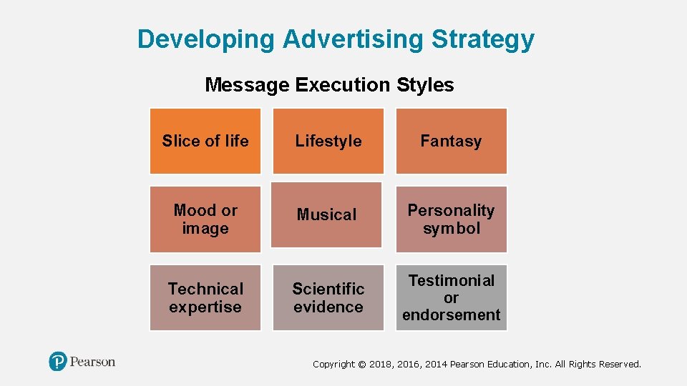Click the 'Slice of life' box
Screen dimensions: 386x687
205,141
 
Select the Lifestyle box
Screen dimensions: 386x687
328,141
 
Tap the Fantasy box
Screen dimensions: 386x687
451,141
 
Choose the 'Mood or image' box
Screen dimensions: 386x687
205,219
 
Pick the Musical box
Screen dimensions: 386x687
327,214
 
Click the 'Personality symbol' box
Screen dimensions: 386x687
451,219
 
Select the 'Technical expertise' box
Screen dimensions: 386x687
205,297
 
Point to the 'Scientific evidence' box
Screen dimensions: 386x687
328,297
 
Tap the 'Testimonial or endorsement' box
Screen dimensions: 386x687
451,297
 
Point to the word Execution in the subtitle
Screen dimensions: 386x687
342,84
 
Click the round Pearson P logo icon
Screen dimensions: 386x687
57,362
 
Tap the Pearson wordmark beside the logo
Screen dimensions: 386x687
92,362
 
